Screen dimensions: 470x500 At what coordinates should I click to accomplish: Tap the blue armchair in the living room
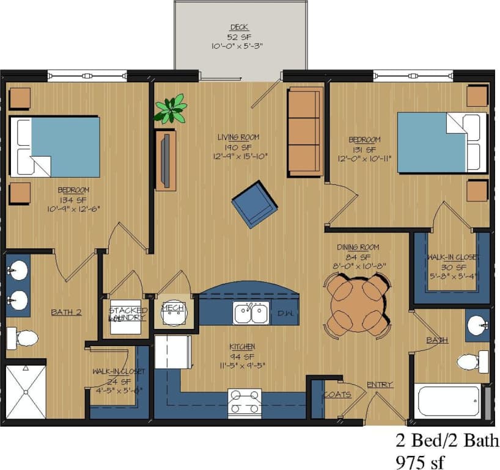click(254, 204)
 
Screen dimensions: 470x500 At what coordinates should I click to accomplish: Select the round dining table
click(358, 305)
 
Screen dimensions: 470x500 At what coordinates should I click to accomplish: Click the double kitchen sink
click(251, 313)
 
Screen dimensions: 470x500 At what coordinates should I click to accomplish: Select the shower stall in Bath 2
click(26, 391)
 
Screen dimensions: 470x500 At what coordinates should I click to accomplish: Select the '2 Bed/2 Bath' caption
click(447, 440)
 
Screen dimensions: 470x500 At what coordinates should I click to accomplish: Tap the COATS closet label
click(337, 394)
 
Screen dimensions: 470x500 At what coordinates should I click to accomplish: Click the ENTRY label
click(380, 385)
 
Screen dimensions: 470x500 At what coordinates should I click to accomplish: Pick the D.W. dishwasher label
click(285, 313)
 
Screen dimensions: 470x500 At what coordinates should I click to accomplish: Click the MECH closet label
click(172, 308)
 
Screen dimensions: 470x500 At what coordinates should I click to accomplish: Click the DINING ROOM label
click(358, 247)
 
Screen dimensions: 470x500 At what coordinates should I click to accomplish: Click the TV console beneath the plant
click(166, 160)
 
